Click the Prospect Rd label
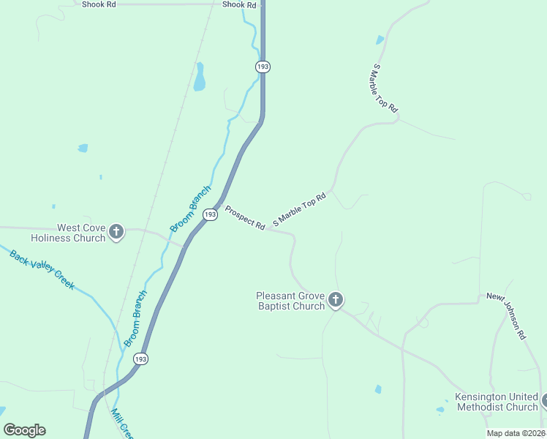pyautogui.click(x=244, y=218)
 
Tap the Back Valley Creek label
pyautogui.click(x=42, y=269)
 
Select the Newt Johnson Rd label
pyautogui.click(x=507, y=316)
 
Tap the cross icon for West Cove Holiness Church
pyautogui.click(x=116, y=233)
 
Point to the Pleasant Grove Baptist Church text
pyautogui.click(x=290, y=301)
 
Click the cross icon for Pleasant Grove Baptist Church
pyautogui.click(x=336, y=299)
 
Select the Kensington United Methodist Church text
pyautogui.click(x=497, y=402)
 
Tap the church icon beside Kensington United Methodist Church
pyautogui.click(x=545, y=401)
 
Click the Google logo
pyautogui.click(x=24, y=430)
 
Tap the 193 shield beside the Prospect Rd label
pyautogui.click(x=210, y=214)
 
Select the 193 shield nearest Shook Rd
pyautogui.click(x=263, y=67)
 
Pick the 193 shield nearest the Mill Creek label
pyautogui.click(x=140, y=359)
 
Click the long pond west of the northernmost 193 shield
pyautogui.click(x=200, y=77)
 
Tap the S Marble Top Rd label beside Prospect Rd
pyautogui.click(x=298, y=210)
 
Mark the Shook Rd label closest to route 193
pyautogui.click(x=240, y=4)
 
